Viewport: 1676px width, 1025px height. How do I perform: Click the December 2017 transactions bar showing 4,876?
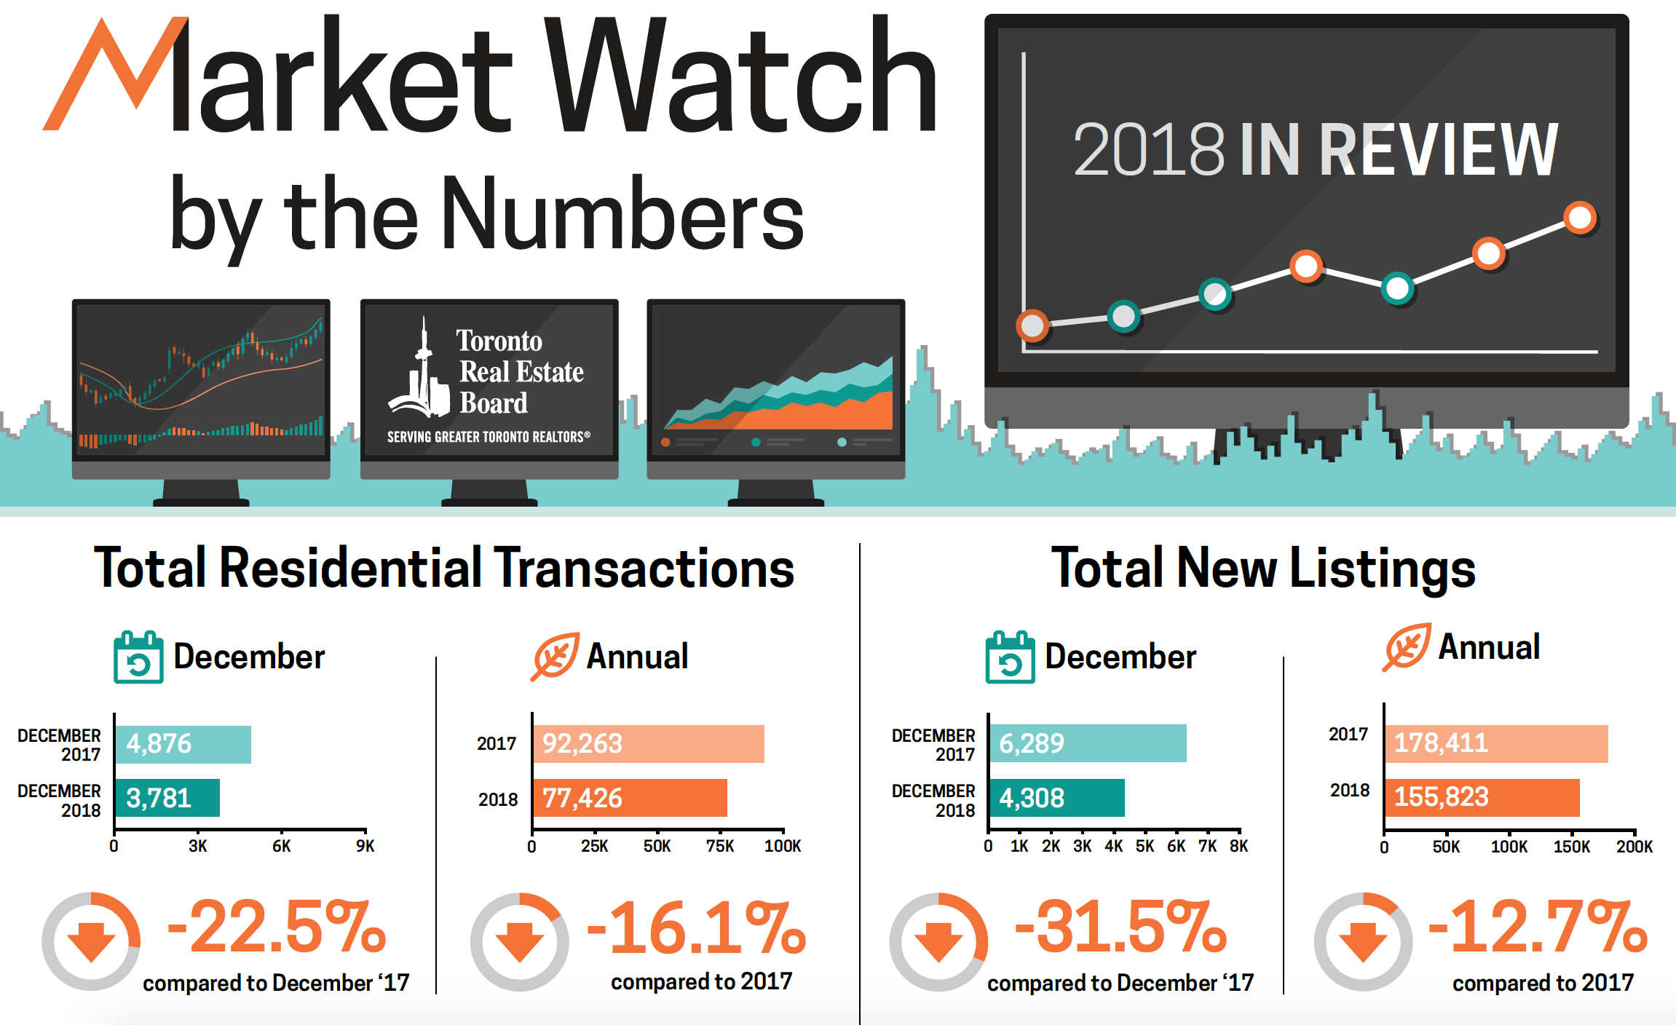click(183, 744)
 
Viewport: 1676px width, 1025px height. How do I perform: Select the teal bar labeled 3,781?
click(167, 798)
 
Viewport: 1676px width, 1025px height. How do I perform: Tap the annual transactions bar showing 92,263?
click(648, 744)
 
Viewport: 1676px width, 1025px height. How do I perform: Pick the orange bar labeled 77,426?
click(630, 798)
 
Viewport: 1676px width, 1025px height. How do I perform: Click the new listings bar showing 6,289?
click(1088, 743)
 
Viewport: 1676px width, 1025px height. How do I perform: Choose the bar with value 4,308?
click(1056, 798)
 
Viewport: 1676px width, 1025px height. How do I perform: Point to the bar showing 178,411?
click(1496, 743)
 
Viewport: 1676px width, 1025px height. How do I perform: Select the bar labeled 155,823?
click(1482, 797)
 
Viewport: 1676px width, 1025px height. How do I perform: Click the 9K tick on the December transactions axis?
click(365, 846)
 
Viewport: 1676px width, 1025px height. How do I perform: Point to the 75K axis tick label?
click(720, 846)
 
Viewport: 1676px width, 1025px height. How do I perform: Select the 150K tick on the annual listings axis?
click(1571, 847)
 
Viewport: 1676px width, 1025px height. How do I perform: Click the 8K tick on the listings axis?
click(1239, 846)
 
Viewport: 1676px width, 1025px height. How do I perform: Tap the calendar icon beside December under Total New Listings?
click(1010, 657)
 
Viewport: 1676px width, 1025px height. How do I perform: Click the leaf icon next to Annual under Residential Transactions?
click(555, 656)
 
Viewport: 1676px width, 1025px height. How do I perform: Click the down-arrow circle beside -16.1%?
click(519, 941)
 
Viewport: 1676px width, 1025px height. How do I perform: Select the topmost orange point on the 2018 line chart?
click(1580, 217)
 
